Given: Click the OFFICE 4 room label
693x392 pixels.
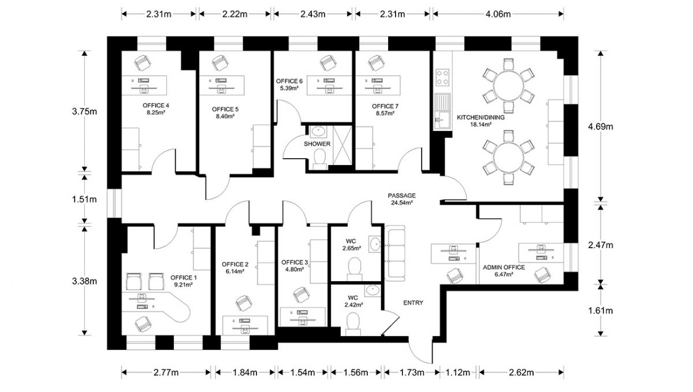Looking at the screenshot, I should tap(155, 106).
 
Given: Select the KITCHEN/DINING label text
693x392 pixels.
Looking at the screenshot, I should tap(481, 117).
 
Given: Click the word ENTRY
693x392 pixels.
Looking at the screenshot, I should tap(413, 303).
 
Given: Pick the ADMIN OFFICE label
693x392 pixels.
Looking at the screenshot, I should tap(504, 267).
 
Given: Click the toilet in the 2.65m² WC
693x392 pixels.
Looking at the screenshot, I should tap(355, 266).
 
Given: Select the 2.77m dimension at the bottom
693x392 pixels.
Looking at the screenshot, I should tap(165, 372).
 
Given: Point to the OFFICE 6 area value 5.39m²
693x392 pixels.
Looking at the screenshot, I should tap(289, 88).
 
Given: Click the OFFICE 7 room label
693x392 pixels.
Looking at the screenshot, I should tap(385, 106).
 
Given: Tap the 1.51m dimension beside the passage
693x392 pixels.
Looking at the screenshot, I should tap(85, 199).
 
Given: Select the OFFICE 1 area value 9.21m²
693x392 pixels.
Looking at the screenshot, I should tap(183, 285).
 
